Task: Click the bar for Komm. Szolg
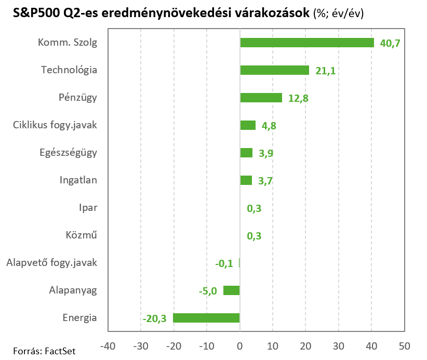coord(306,43)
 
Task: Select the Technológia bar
coord(274,70)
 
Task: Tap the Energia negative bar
coord(206,318)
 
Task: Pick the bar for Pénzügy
coord(261,98)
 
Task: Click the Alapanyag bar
coord(231,290)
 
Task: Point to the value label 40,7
coord(390,43)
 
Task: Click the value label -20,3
coord(154,318)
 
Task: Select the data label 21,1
coord(325,71)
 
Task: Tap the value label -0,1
coord(224,263)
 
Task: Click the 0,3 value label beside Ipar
coord(254,208)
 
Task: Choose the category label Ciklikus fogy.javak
coord(55,125)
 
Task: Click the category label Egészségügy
coord(68,153)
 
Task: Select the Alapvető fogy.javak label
coord(51,263)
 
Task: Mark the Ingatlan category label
coord(78,180)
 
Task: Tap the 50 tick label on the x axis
coord(404,345)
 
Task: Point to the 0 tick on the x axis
coord(239,345)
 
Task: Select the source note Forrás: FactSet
coord(44,351)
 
